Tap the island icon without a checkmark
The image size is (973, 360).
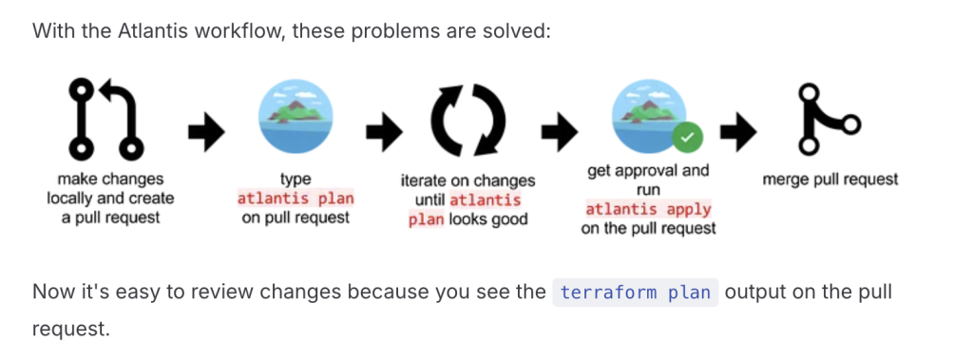(295, 117)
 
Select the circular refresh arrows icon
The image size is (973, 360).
(467, 118)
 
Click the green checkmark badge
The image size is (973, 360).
(685, 138)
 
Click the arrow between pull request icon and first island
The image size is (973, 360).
(206, 131)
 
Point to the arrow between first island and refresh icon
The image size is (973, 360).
(384, 131)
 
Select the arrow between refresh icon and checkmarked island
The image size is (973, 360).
(560, 131)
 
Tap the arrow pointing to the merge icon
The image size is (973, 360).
(737, 131)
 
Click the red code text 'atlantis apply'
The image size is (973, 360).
(648, 209)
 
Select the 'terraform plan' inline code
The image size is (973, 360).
(635, 292)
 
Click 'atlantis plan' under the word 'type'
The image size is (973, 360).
(296, 199)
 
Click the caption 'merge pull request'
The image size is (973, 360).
(830, 180)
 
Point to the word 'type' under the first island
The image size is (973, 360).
(296, 180)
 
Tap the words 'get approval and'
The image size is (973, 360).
(648, 170)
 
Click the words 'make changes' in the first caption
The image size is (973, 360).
(110, 180)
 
